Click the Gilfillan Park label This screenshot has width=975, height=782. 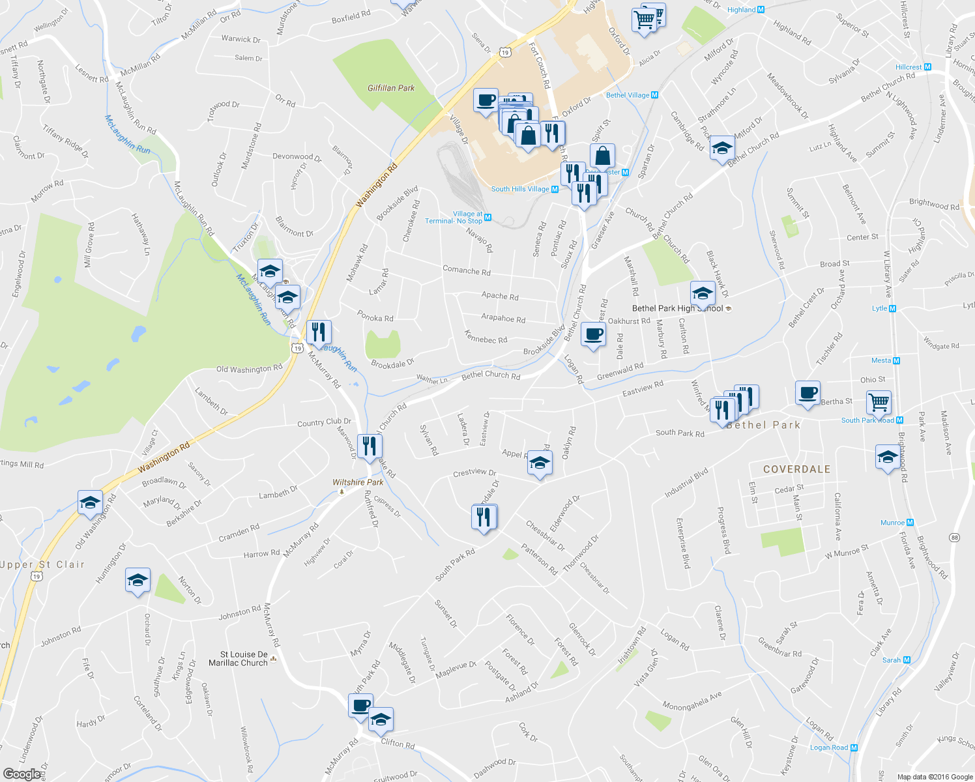click(391, 88)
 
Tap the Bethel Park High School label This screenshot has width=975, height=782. click(678, 308)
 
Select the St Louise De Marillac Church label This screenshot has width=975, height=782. click(239, 659)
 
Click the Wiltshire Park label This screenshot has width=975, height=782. click(358, 482)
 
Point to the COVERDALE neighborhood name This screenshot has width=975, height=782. click(796, 469)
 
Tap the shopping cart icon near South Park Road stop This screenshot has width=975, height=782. click(879, 402)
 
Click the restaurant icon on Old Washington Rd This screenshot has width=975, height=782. click(318, 332)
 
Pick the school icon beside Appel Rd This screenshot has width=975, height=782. click(539, 463)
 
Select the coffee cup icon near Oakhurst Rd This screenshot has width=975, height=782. click(592, 334)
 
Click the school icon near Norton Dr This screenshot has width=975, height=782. click(138, 581)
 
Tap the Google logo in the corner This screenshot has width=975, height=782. click(22, 774)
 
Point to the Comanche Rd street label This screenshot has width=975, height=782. click(466, 270)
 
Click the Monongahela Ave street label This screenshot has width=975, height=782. click(692, 701)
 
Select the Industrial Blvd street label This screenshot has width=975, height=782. click(686, 484)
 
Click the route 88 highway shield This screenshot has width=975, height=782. click(954, 537)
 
